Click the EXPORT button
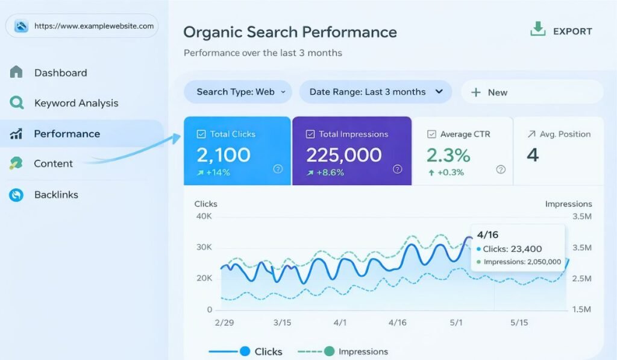click(561, 31)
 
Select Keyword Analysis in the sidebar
click(76, 103)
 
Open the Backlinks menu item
click(56, 195)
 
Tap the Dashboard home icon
click(16, 72)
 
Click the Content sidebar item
click(53, 163)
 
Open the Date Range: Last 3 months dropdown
click(375, 92)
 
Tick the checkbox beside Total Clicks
click(201, 134)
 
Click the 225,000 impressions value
click(343, 155)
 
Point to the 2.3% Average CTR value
click(448, 155)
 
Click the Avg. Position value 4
click(532, 155)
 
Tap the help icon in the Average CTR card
click(501, 169)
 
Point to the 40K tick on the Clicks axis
click(204, 216)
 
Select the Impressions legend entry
click(363, 352)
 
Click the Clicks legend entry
click(268, 352)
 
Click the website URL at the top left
click(93, 26)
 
